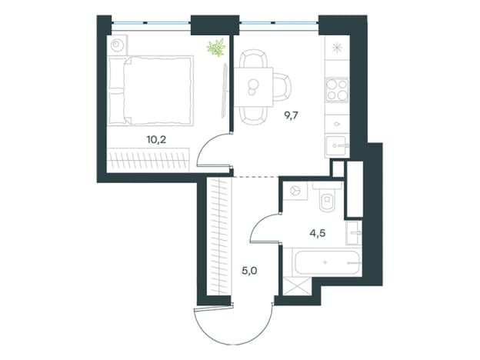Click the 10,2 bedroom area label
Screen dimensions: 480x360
(x=156, y=140)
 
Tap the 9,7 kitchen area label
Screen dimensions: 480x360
(x=291, y=115)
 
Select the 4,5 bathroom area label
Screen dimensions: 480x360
(x=318, y=234)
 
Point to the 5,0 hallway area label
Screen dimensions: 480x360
(x=249, y=271)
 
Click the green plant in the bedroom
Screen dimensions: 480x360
(x=216, y=48)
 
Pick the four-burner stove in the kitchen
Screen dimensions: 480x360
(x=337, y=89)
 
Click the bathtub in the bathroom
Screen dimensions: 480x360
(x=327, y=262)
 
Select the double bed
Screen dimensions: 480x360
(x=151, y=91)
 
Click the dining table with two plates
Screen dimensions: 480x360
(x=254, y=87)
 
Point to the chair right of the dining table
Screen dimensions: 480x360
(x=282, y=87)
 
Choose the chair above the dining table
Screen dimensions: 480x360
(x=253, y=58)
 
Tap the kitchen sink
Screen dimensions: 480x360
(x=338, y=146)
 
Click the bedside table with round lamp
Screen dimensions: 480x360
(x=117, y=45)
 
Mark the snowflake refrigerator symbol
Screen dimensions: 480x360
(x=337, y=48)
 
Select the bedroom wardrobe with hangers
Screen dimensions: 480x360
(x=148, y=159)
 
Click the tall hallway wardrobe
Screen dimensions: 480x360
(x=219, y=236)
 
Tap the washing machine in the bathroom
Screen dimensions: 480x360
(x=295, y=191)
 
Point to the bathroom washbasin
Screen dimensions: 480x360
(x=354, y=233)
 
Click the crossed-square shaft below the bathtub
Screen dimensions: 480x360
(x=297, y=286)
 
